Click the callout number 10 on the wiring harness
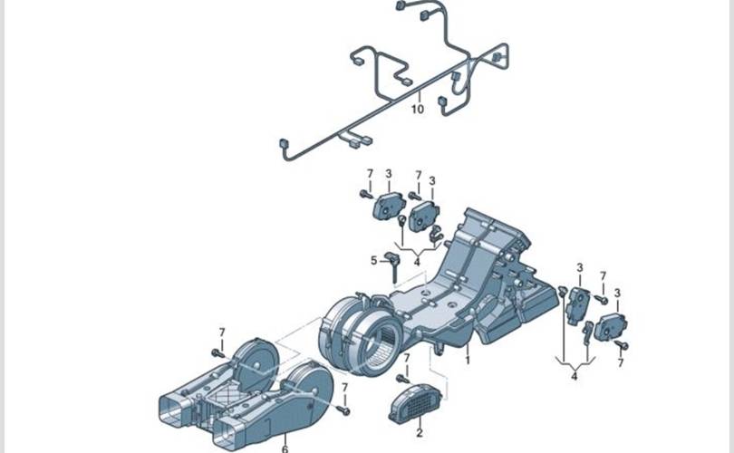[418, 109]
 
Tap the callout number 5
[373, 260]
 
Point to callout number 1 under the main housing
[468, 360]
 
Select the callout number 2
[419, 433]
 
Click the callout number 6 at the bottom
[285, 448]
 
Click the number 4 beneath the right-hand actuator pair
[575, 376]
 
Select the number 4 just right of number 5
[417, 262]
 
